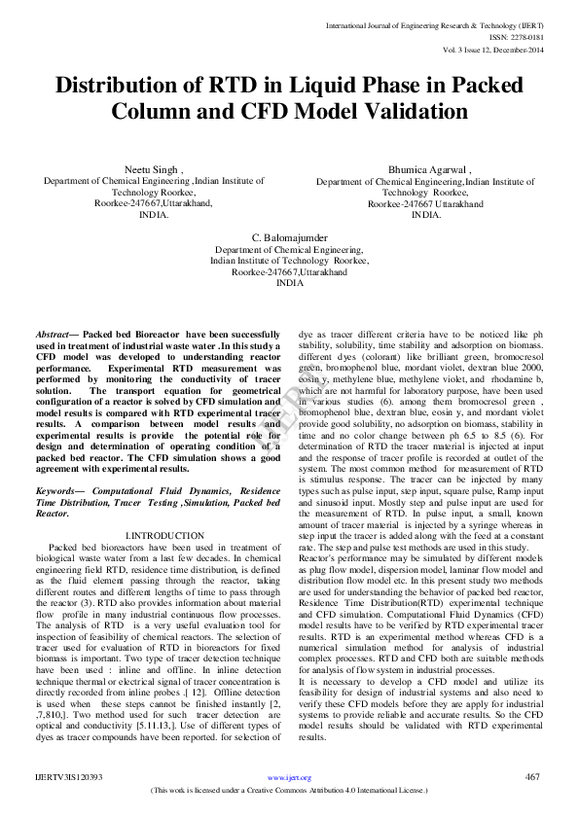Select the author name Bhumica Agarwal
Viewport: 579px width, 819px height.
click(x=428, y=168)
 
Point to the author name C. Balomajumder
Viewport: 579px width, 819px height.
click(x=289, y=237)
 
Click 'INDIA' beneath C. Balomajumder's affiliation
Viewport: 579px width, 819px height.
click(x=289, y=283)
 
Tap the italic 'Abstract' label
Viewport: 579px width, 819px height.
click(x=56, y=334)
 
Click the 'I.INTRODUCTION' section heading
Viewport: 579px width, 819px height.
click(x=164, y=536)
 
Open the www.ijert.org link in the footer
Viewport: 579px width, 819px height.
click(x=289, y=777)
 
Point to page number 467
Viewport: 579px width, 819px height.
click(x=532, y=776)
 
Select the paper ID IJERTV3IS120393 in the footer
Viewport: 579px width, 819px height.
click(x=69, y=777)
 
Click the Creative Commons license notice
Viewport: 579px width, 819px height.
click(x=289, y=792)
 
